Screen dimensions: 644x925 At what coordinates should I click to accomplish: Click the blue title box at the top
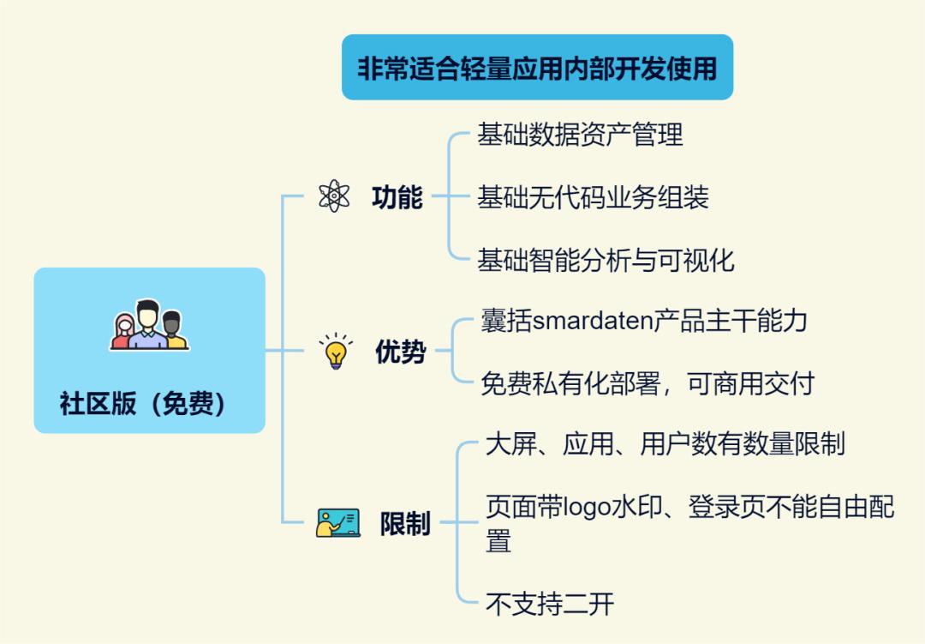coord(537,68)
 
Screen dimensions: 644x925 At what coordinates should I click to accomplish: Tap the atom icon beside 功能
coord(333,196)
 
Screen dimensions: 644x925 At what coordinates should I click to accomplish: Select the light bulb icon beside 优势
coord(335,351)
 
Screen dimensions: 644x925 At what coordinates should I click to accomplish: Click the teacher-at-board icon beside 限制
coord(337,522)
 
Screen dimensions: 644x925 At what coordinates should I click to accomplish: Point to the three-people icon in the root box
coord(149,325)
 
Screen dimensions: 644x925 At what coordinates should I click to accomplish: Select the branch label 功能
coord(397,197)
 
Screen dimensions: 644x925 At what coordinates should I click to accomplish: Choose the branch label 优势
coord(400,352)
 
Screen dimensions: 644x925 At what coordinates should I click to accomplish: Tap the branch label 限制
coord(405,523)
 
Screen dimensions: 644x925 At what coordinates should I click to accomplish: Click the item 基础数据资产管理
coord(580,135)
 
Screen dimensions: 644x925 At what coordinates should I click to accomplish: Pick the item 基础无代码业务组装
coord(593,198)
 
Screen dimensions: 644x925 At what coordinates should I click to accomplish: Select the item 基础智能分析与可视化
coord(606,260)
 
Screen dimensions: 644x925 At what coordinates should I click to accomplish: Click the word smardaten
coord(593,322)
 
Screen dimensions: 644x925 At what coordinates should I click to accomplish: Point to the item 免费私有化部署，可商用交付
coord(647,383)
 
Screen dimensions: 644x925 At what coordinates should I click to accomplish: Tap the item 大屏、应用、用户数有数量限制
coord(665,443)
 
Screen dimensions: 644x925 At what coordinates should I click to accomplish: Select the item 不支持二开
coord(549,604)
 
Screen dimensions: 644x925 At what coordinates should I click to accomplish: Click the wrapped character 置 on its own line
coord(498,541)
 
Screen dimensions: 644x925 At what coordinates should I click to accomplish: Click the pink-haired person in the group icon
coord(125,330)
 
